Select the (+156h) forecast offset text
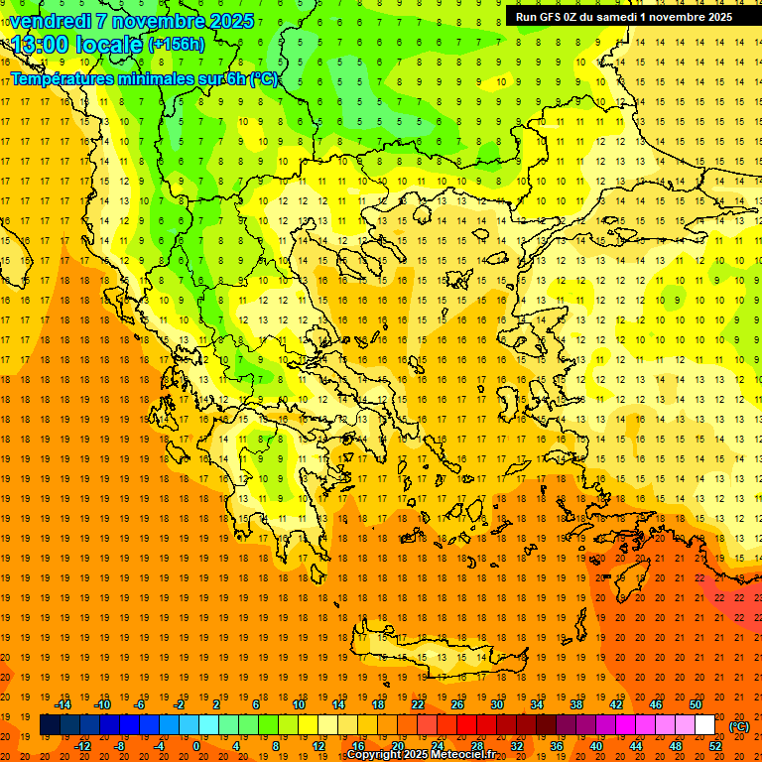pyautogui.click(x=177, y=45)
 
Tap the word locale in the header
pyautogui.click(x=109, y=44)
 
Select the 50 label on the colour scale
pyautogui.click(x=695, y=704)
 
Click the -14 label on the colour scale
pyautogui.click(x=63, y=704)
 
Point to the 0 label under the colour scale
pyautogui.click(x=196, y=746)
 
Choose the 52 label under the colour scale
pyautogui.click(x=715, y=746)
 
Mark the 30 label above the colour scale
pyautogui.click(x=496, y=704)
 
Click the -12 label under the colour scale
pyautogui.click(x=82, y=746)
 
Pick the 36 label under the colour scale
pyautogui.click(x=556, y=746)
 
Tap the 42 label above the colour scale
pyautogui.click(x=615, y=704)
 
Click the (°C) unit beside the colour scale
pyautogui.click(x=739, y=726)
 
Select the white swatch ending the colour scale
pyautogui.click(x=704, y=725)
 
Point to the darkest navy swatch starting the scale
pyautogui.click(x=50, y=725)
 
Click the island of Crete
pyautogui.click(x=437, y=656)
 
